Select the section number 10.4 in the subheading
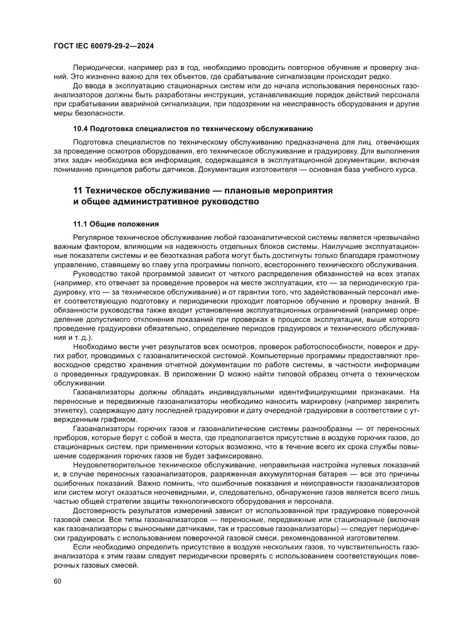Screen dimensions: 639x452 click(80, 129)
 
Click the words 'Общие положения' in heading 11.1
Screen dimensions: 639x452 click(124, 224)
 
